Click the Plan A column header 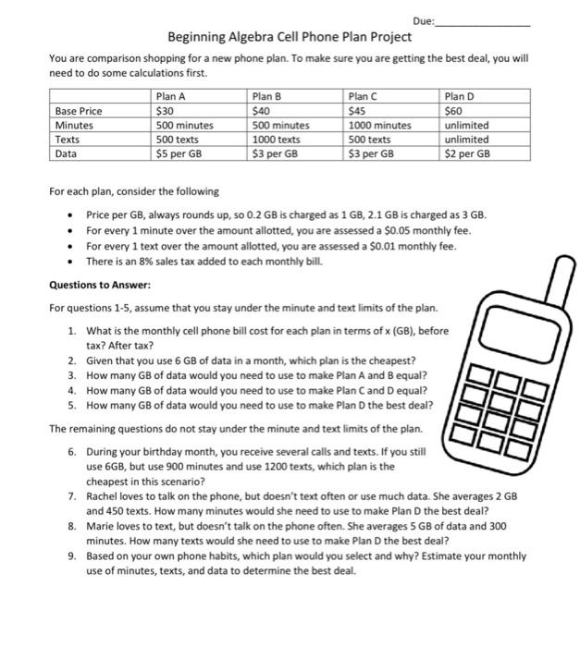tap(171, 96)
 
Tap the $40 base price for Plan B tap(262, 111)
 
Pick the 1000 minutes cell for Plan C tap(379, 126)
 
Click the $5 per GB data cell tap(179, 154)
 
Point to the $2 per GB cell tap(467, 154)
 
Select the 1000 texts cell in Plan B tap(277, 140)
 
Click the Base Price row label tap(79, 111)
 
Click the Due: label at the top tap(423, 20)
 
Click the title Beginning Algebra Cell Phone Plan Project tap(290, 38)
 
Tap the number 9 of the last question tap(71, 556)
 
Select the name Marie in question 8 tap(101, 526)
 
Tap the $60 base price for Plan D tap(454, 111)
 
